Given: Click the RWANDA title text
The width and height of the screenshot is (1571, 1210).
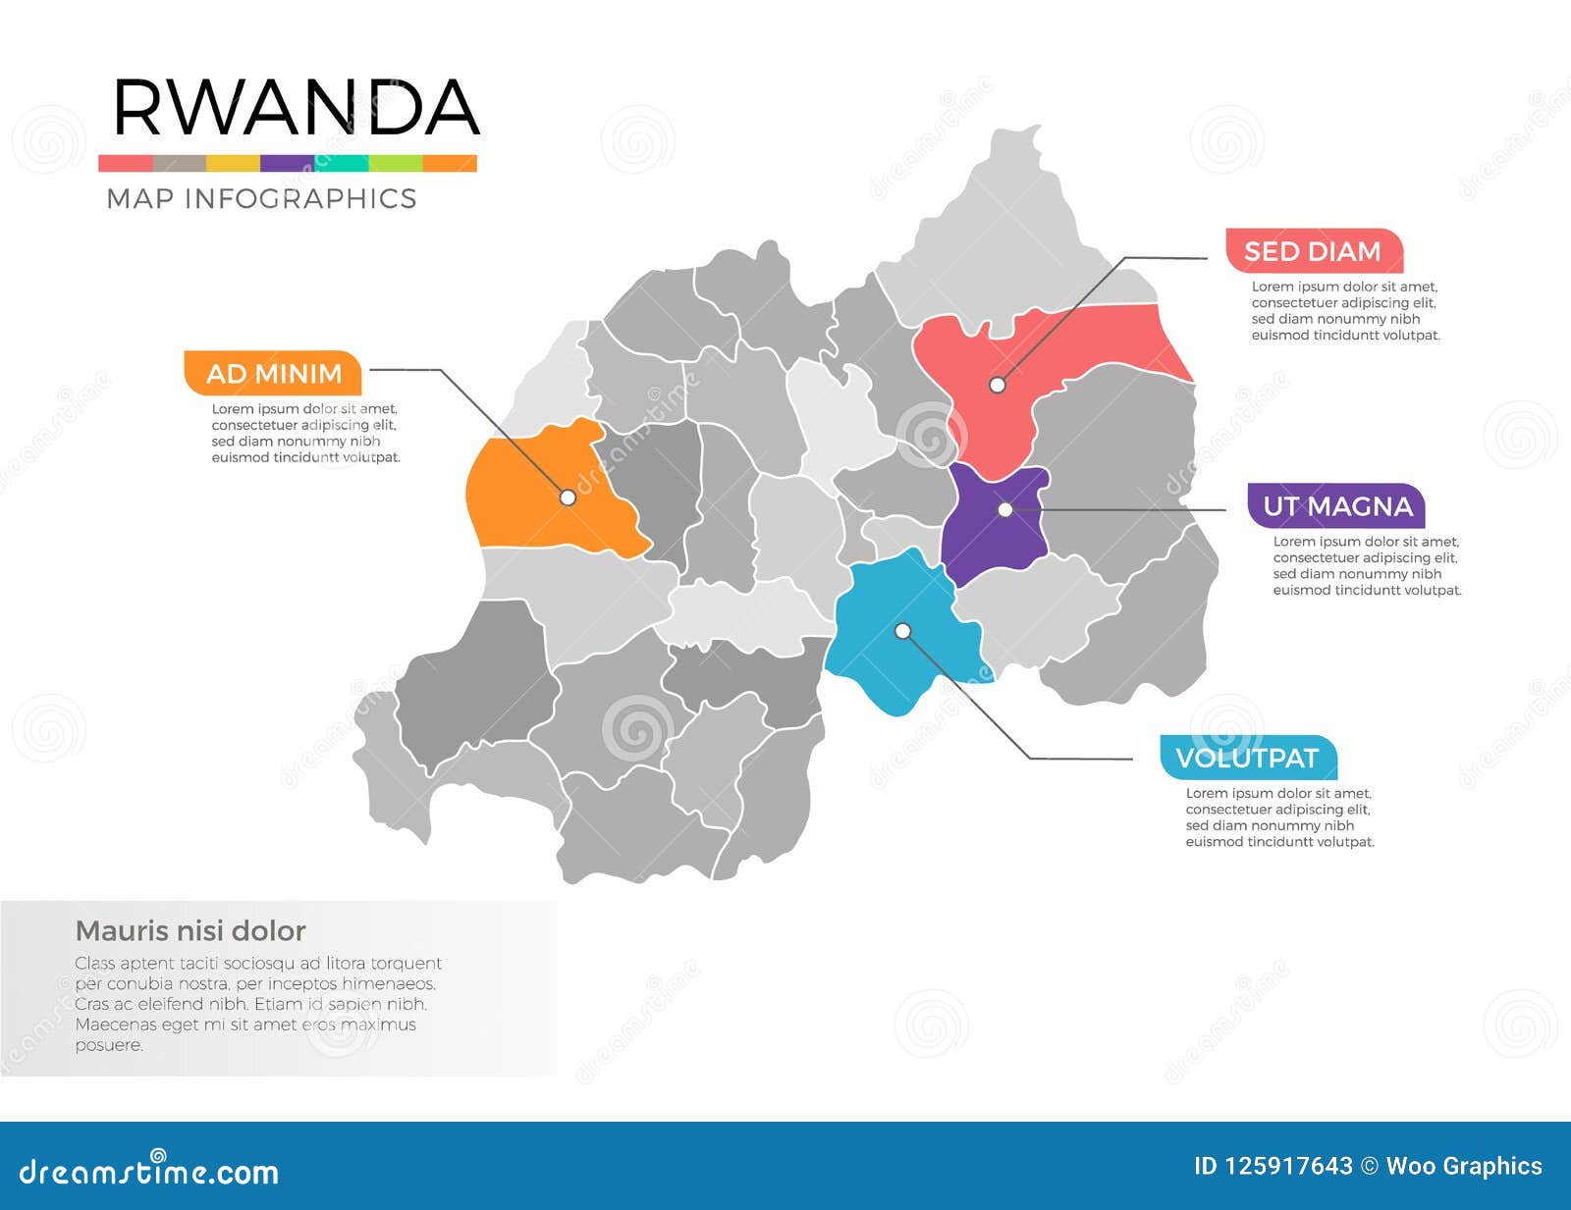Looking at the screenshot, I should point(295,108).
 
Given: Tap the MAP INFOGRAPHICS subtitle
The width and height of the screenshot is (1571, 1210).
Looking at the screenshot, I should point(261,199).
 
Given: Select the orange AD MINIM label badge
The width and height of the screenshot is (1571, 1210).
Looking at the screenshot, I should point(273,374).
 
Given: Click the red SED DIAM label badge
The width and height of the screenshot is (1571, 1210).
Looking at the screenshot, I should point(1313,252).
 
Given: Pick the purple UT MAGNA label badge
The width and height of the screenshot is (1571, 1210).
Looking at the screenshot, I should point(1336,506).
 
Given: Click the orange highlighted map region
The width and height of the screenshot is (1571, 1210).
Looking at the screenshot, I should point(530,491).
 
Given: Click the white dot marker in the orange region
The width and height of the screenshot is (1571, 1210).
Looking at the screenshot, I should point(568,498).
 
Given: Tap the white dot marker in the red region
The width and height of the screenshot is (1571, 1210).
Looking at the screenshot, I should point(997,385).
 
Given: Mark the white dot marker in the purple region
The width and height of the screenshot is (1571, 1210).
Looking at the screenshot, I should point(1005,509).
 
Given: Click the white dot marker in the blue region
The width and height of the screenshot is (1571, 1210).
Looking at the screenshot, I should point(902,631).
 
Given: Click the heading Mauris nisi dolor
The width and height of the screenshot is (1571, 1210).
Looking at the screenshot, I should point(190,930).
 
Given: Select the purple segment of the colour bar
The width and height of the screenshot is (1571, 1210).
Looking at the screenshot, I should point(287,164).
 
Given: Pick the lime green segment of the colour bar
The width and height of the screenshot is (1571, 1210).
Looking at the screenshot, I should point(396,164).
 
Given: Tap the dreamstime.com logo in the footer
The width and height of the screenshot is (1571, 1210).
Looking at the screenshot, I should point(149,1170).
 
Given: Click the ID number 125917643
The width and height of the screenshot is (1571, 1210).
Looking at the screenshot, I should point(1287,1166).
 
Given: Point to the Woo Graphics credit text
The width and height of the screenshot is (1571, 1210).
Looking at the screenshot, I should point(1463,1166).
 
